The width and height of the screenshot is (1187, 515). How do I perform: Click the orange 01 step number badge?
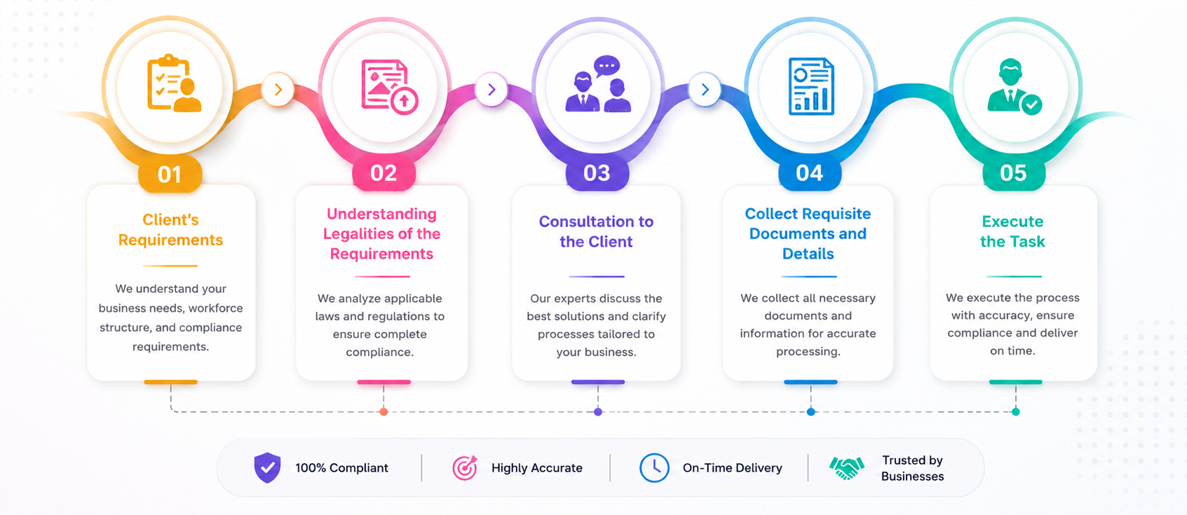170,174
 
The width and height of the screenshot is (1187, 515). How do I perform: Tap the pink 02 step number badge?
384,173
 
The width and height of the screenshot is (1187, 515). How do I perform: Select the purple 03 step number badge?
597,173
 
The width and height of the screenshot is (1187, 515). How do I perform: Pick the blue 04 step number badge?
810,173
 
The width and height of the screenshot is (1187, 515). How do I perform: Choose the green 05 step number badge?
1014,173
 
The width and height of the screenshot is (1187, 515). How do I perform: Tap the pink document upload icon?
390,86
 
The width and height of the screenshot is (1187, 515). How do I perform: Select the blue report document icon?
811,86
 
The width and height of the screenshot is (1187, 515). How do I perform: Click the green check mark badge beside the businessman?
1032,104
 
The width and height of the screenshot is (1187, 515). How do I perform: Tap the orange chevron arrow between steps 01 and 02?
278,90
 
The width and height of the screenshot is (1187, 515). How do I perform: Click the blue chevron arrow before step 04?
705,90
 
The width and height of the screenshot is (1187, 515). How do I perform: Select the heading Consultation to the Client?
596,231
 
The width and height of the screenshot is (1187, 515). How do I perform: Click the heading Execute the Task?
1012,231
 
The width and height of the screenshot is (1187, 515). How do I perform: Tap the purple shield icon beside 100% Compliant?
268,467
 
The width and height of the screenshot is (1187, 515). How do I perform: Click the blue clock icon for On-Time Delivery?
654,468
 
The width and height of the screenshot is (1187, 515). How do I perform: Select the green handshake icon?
847,468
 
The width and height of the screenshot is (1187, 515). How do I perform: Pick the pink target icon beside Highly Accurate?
466,468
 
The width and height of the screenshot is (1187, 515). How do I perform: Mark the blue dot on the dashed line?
810,412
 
